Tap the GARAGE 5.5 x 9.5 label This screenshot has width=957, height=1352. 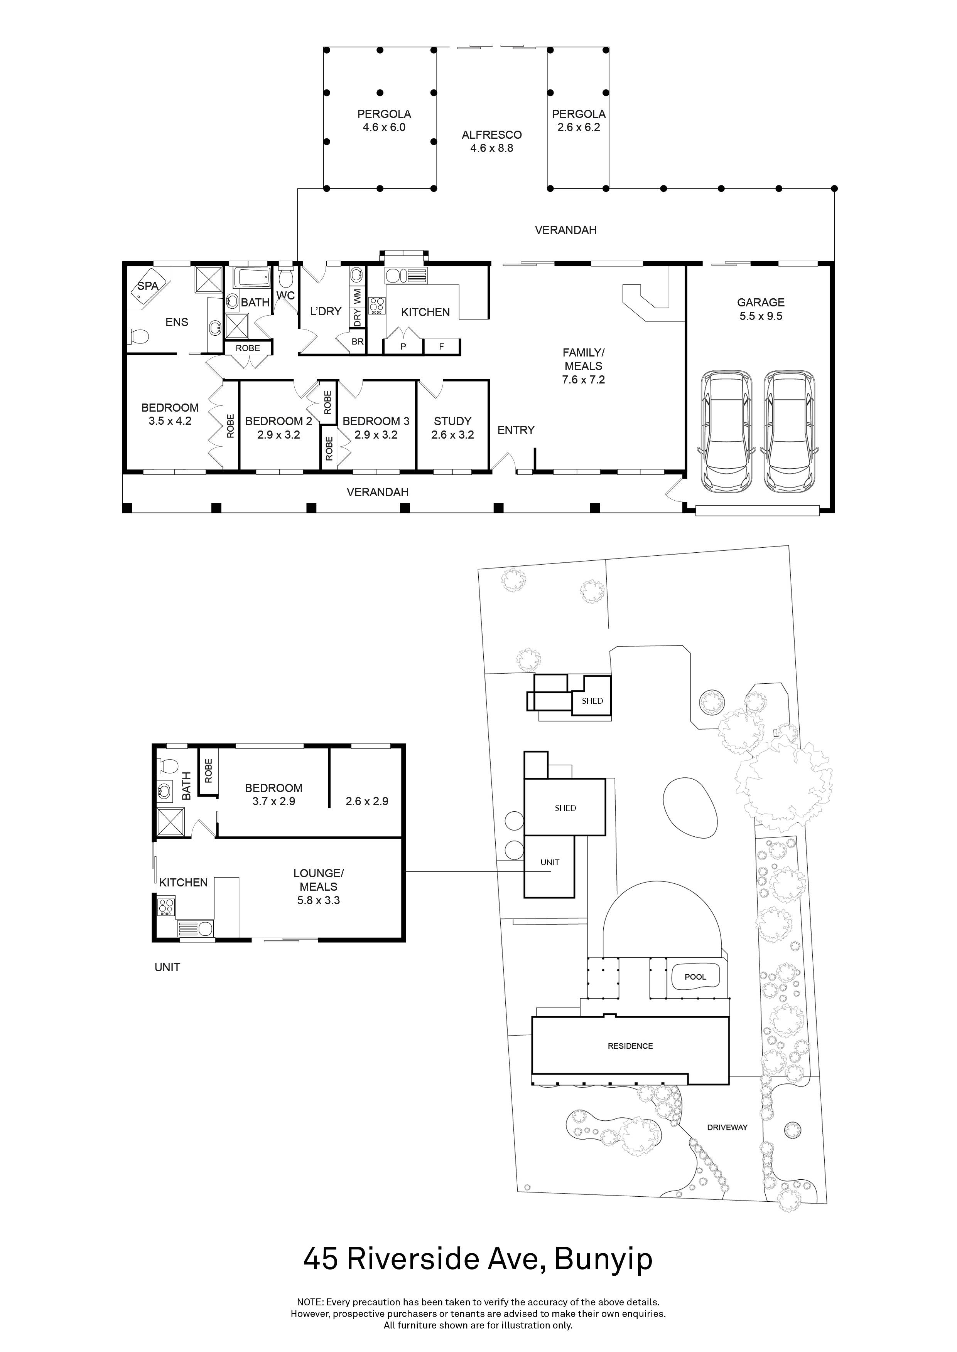coord(760,309)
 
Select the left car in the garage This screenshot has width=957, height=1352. coord(727,431)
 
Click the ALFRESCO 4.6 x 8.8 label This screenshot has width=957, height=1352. coord(491,141)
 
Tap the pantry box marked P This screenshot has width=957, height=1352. coord(403,347)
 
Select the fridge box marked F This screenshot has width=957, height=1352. coord(441,347)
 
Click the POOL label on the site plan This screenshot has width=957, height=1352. coord(695,977)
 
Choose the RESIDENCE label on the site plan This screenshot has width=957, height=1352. coord(630,1046)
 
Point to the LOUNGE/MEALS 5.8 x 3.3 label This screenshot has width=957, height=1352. coord(318,887)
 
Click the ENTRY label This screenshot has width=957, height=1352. coord(516,430)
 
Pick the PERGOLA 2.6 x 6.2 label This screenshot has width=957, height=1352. coord(578,121)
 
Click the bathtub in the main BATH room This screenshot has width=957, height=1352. coord(251,277)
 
